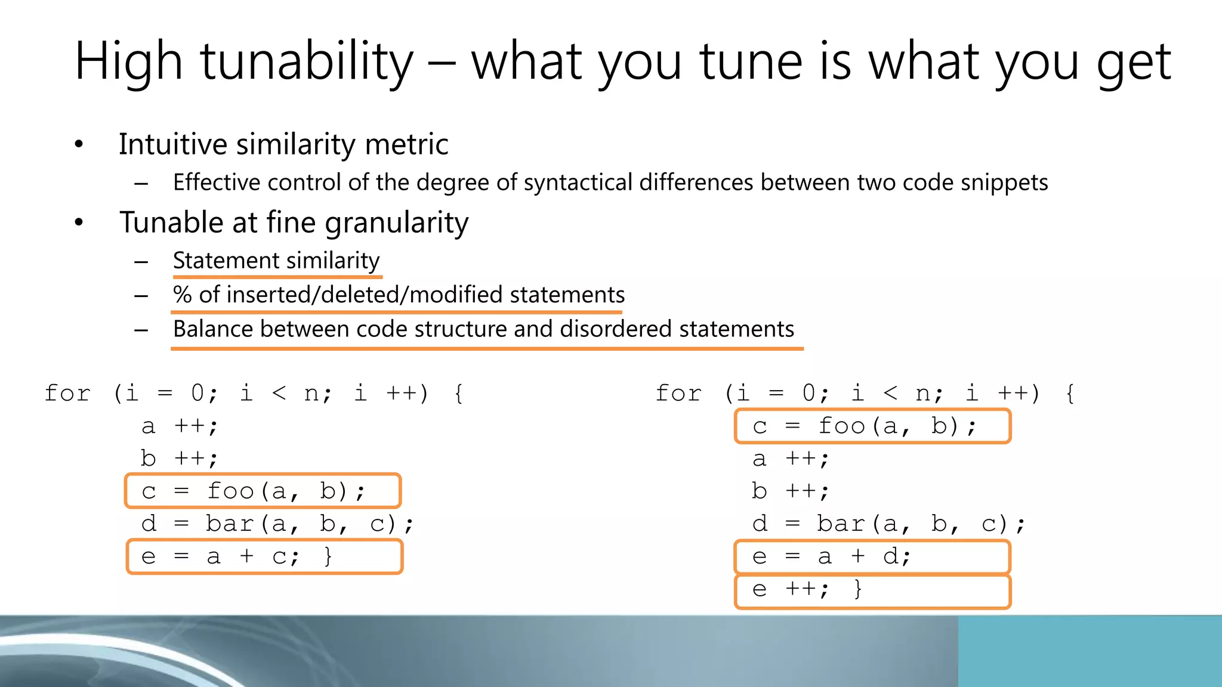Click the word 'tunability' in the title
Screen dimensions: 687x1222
pos(306,61)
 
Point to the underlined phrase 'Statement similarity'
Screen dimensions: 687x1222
pos(276,261)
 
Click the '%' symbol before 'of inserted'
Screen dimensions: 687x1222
pos(182,295)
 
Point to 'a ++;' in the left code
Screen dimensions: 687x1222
pos(180,426)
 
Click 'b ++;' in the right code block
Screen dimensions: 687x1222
pos(790,491)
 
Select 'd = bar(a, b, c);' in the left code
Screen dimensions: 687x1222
pos(277,524)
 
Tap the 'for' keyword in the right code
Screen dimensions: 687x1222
pos(678,394)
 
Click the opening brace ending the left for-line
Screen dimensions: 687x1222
pos(458,394)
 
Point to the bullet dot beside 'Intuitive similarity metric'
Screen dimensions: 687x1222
pos(79,144)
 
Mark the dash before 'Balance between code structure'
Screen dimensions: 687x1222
pos(141,330)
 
